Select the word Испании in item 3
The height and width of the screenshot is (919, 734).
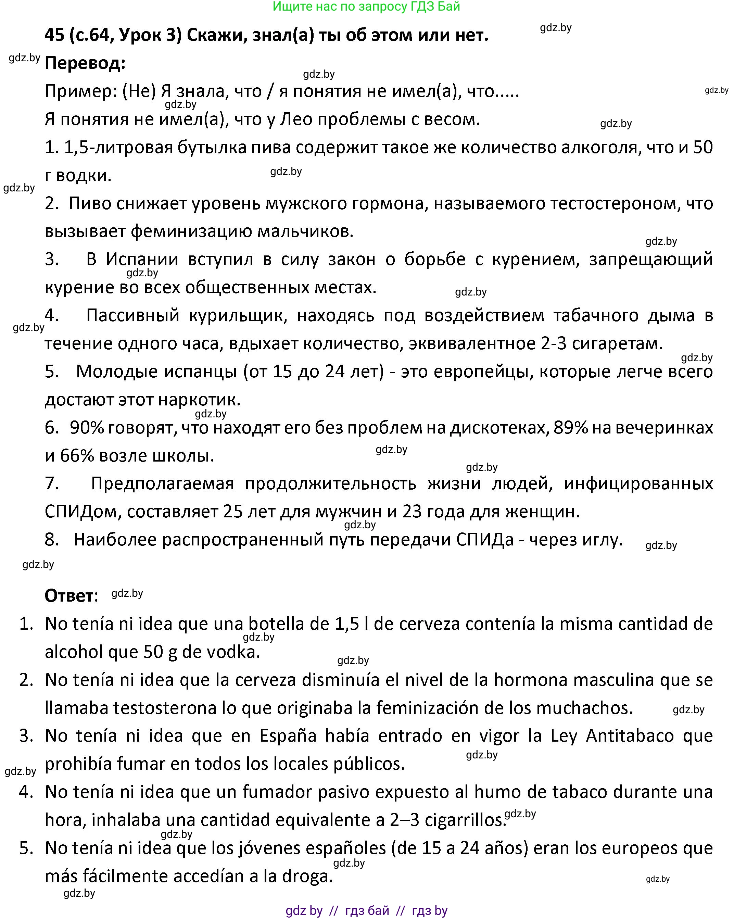pyautogui.click(x=142, y=260)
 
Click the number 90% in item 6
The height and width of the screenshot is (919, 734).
pyautogui.click(x=87, y=428)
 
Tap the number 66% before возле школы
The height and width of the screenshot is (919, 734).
pyautogui.click(x=77, y=456)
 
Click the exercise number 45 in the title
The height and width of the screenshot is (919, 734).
pyautogui.click(x=54, y=35)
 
